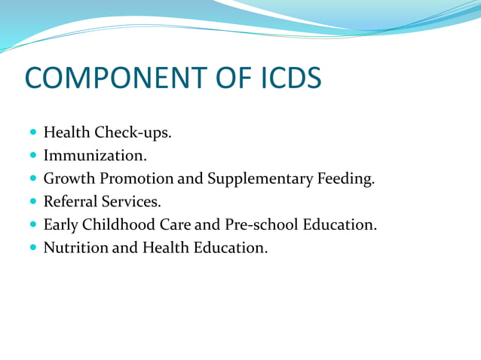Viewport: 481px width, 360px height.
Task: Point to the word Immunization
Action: pyautogui.click(x=95, y=156)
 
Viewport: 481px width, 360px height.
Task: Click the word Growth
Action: pyautogui.click(x=69, y=179)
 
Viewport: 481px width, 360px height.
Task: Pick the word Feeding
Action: pyautogui.click(x=347, y=179)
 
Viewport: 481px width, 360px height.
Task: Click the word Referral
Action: pyautogui.click(x=72, y=202)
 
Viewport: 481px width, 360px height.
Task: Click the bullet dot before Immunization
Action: pyautogui.click(x=33, y=157)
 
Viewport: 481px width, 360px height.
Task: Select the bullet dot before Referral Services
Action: pyautogui.click(x=33, y=202)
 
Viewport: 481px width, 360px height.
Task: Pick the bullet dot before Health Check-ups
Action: pyautogui.click(x=33, y=134)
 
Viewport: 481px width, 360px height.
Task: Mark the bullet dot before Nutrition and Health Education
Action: pyautogui.click(x=33, y=247)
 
